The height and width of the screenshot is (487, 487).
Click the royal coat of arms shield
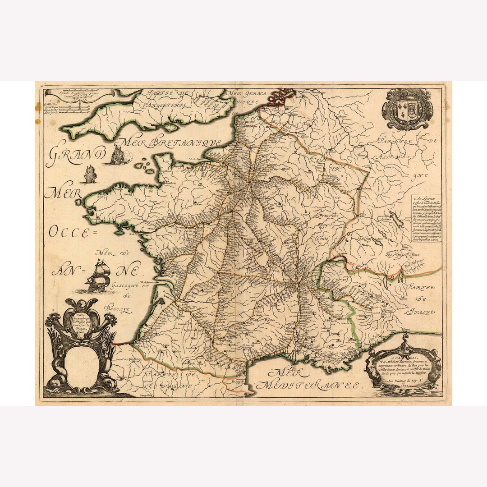point(407,110)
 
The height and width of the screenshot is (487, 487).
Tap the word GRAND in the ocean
point(76,155)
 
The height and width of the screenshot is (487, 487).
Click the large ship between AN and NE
point(99,276)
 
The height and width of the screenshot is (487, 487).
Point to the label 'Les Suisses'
point(370,238)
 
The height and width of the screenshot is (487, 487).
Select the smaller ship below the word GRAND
point(90,175)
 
